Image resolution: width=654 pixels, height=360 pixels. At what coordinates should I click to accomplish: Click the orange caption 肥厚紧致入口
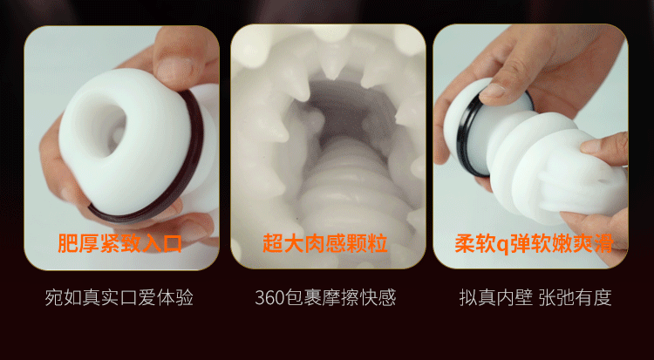click(x=119, y=243)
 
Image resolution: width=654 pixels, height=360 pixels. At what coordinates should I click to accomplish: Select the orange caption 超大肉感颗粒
click(x=325, y=243)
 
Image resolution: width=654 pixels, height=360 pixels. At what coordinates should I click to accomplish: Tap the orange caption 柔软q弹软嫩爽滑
click(x=534, y=243)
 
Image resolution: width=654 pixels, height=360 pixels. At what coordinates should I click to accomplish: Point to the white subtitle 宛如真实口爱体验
click(x=119, y=298)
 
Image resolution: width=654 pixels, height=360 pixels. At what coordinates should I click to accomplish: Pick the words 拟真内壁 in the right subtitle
click(x=496, y=298)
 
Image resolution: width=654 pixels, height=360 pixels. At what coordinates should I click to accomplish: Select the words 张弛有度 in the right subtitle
click(x=576, y=298)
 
